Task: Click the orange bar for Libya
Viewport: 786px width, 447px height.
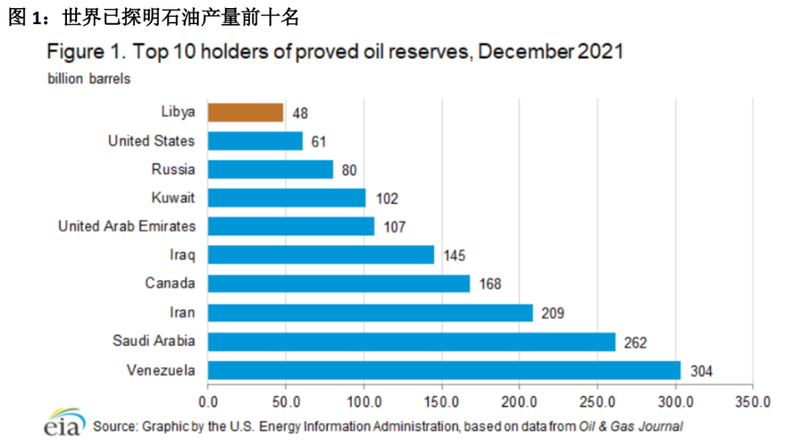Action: (245, 112)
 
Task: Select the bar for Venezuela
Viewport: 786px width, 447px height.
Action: (444, 371)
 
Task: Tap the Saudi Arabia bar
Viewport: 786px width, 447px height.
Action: (411, 341)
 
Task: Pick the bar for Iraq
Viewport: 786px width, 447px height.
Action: (320, 255)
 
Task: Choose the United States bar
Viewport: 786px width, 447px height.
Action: (255, 141)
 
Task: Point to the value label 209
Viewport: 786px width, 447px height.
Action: (553, 313)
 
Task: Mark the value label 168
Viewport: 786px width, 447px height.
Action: (490, 284)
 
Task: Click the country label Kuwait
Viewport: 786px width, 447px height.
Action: (173, 198)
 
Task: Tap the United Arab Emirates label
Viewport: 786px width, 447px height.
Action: (127, 226)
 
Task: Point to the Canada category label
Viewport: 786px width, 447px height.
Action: (170, 283)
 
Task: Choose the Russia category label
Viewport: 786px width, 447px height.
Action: (173, 170)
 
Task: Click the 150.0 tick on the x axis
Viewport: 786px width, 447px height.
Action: (442, 401)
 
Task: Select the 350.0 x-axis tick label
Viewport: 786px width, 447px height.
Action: (753, 401)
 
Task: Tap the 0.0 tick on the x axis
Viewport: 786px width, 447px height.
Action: (208, 401)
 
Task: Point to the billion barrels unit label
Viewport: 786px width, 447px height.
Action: (90, 79)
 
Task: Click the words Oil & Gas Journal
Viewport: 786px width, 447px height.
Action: (631, 426)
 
